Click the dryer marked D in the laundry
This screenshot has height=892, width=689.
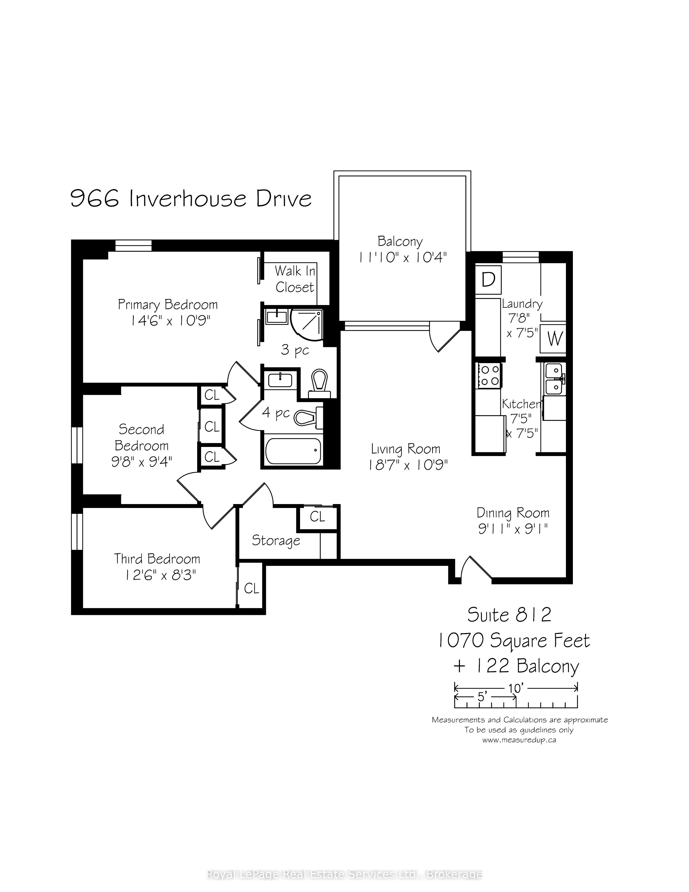pyautogui.click(x=488, y=280)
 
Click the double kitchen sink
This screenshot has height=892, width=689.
pyautogui.click(x=554, y=379)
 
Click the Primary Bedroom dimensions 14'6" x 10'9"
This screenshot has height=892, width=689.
pyautogui.click(x=170, y=321)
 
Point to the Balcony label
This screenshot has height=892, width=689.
pyautogui.click(x=400, y=241)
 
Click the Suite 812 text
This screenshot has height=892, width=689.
pyautogui.click(x=509, y=626)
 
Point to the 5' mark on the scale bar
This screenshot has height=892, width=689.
pyautogui.click(x=482, y=697)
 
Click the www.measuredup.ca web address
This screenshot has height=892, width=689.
pyautogui.click(x=519, y=740)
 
